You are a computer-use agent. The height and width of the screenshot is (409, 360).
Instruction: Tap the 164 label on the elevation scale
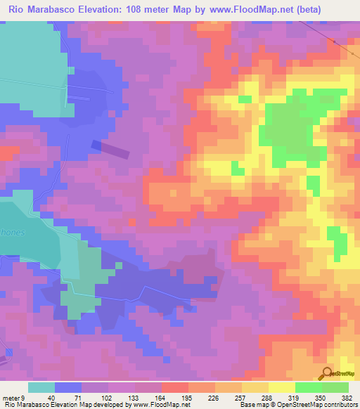161,397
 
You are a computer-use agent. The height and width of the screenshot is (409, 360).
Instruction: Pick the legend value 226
214,397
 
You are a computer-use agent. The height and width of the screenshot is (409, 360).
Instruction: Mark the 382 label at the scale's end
346,397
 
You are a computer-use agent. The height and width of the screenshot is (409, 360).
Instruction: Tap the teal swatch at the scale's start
41,387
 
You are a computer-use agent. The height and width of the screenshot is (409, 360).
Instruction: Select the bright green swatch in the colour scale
308,387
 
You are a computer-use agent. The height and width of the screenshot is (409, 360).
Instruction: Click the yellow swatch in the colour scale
281,387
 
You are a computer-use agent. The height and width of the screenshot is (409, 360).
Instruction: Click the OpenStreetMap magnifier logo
326,374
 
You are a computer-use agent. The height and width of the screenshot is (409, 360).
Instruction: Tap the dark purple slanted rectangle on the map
111,148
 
